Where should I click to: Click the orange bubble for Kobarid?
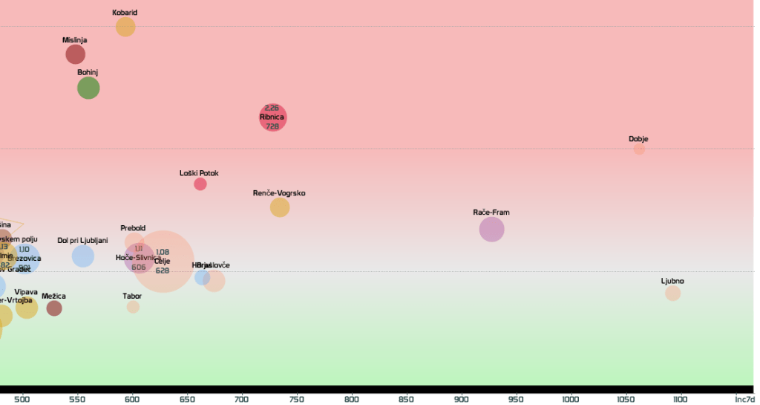tap(125, 27)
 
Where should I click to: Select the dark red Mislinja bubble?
tap(75, 54)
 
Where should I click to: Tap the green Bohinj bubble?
tap(88, 88)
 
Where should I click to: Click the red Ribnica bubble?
tap(272, 117)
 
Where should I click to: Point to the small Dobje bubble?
tap(639, 149)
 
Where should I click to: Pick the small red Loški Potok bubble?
tap(200, 184)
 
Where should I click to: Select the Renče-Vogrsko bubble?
tap(280, 207)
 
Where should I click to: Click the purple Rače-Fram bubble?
tap(491, 229)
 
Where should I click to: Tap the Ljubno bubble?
tap(672, 293)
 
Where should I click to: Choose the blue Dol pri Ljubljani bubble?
tap(83, 256)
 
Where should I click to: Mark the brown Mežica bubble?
tap(54, 308)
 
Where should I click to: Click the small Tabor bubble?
tap(133, 306)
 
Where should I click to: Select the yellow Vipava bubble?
tap(27, 307)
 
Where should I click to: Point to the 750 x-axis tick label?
tap(297, 399)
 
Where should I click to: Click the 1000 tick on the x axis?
tap(570, 399)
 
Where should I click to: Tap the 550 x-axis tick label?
tap(78, 399)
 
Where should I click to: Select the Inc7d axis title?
tap(744, 399)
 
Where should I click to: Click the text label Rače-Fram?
tap(491, 213)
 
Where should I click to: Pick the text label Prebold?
tap(133, 228)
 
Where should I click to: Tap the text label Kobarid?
tap(125, 13)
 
